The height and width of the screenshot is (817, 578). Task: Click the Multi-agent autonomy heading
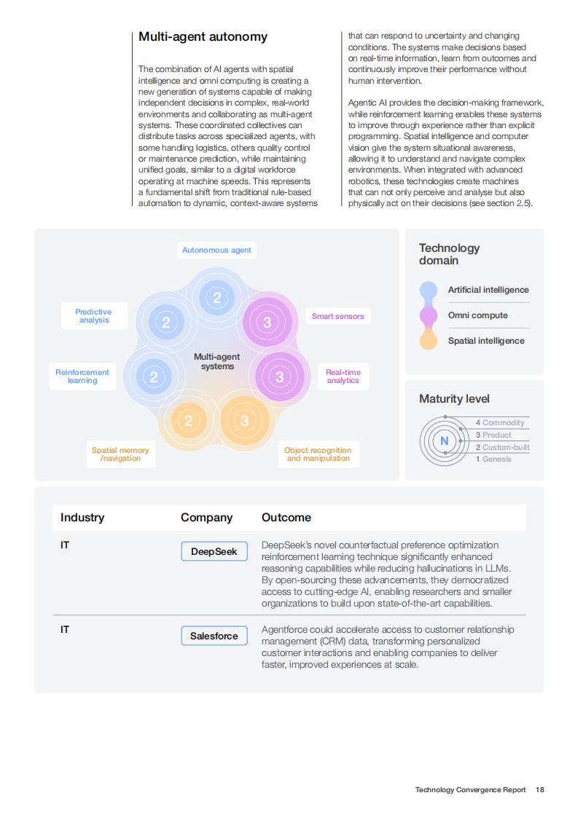click(203, 37)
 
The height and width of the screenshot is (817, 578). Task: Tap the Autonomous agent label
click(216, 250)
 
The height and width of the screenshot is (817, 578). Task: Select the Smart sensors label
click(338, 316)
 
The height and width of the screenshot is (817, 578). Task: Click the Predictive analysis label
click(94, 316)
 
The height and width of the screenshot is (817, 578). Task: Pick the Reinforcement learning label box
click(82, 376)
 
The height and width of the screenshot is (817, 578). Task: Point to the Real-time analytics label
click(343, 376)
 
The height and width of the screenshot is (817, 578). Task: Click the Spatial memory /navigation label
click(120, 454)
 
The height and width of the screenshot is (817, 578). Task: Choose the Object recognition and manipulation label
click(319, 454)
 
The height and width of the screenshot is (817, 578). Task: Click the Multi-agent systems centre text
click(217, 361)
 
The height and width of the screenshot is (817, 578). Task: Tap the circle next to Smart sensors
click(267, 322)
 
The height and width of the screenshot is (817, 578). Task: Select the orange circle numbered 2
click(189, 420)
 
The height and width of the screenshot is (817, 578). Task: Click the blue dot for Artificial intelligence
click(429, 290)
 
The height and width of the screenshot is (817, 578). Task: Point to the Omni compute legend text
click(478, 315)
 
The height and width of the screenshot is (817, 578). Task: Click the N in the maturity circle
click(445, 441)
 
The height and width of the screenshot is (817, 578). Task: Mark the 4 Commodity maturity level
click(500, 422)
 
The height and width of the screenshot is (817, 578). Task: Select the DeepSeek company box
click(214, 551)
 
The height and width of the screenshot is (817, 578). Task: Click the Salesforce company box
click(214, 636)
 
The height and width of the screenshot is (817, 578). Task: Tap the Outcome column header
click(286, 518)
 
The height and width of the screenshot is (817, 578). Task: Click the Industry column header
click(82, 518)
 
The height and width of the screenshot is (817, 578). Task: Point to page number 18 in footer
click(540, 790)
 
